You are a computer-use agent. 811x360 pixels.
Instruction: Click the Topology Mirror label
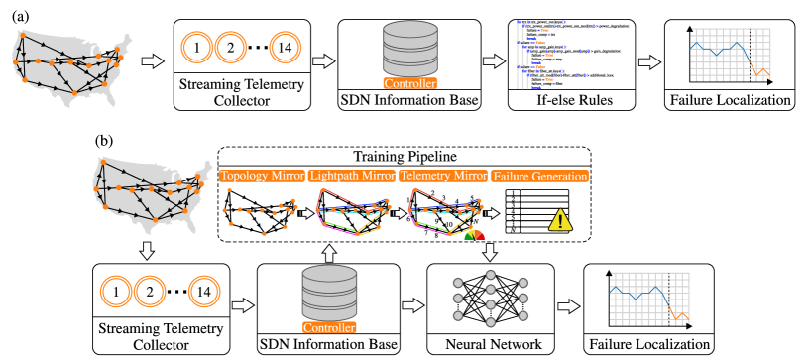tap(262, 176)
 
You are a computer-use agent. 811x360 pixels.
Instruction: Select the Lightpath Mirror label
tap(351, 176)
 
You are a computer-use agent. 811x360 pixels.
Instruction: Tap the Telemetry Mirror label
tap(442, 176)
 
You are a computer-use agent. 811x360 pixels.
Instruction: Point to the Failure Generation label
tap(539, 177)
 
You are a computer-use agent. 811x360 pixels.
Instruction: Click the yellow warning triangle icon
tap(560, 220)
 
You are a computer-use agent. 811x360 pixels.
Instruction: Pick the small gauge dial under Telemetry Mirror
tap(475, 234)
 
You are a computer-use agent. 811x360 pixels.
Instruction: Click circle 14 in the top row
tap(286, 47)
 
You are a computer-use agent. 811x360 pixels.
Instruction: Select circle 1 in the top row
tap(197, 47)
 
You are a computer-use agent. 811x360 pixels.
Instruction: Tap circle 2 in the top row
tap(230, 47)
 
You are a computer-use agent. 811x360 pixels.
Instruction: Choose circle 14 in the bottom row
tap(204, 292)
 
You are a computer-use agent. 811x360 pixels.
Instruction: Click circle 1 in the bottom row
tap(116, 292)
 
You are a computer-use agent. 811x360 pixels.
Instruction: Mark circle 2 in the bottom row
tap(150, 292)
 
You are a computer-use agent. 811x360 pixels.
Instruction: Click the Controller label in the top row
tap(409, 84)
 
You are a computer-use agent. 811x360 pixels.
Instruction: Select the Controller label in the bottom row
tap(329, 327)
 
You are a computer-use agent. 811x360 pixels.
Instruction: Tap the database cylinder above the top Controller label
tap(410, 48)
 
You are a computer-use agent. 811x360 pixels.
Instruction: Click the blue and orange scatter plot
tap(555, 55)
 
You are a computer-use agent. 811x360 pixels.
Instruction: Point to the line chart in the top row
tap(729, 55)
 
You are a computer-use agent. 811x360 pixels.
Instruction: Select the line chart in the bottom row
tap(648, 299)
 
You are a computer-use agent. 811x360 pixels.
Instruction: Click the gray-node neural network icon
tap(490, 298)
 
